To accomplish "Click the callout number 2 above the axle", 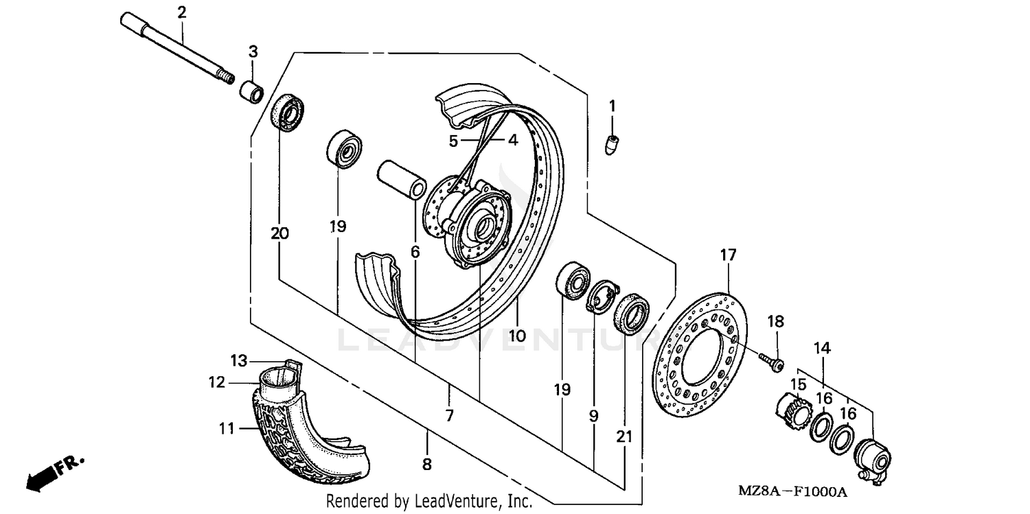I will (x=181, y=12).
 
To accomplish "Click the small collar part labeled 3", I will (x=252, y=91).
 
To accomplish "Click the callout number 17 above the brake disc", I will (x=728, y=255).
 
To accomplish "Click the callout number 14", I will (x=823, y=348).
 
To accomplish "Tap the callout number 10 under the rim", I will (x=517, y=336).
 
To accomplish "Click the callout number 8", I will (x=426, y=465).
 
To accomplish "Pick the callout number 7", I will (x=450, y=415).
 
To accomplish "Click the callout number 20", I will (x=279, y=233).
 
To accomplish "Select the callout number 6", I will (x=415, y=252).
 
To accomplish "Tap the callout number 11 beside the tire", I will (x=227, y=429).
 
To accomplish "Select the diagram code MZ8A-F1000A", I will (x=792, y=492).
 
